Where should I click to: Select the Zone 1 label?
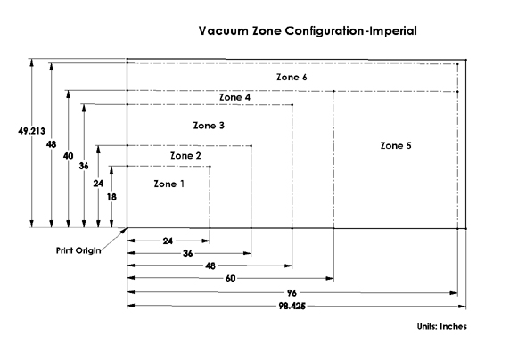[x=169, y=184]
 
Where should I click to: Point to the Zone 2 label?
[x=185, y=156]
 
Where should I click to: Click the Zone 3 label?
[x=209, y=126]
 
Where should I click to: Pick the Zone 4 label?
[x=234, y=97]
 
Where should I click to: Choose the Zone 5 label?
[x=396, y=145]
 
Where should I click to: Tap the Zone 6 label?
[x=292, y=77]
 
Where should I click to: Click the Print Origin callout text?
[x=78, y=250]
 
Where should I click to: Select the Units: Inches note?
[x=442, y=326]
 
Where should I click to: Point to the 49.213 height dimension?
[x=31, y=131]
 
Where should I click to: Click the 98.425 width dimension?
[x=292, y=306]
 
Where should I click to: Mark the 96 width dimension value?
[x=292, y=293]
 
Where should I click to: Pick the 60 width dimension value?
[x=231, y=278]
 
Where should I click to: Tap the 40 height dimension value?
[x=68, y=156]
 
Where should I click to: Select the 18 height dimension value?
[x=111, y=197]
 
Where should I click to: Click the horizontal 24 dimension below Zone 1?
[x=168, y=241]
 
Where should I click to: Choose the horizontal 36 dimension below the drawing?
[x=188, y=253]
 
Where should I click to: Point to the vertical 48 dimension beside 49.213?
[x=52, y=144]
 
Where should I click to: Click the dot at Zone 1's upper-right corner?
[x=210, y=167]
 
